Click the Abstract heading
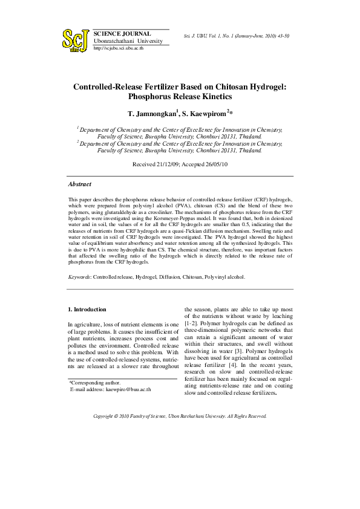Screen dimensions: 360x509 [x=80, y=184]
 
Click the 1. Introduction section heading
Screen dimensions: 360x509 [x=88, y=310]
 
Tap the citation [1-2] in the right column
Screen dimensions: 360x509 [x=194, y=332]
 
